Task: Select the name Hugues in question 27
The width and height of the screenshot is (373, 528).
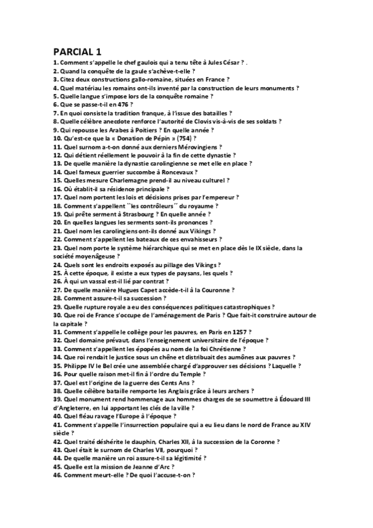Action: coord(115,290)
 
